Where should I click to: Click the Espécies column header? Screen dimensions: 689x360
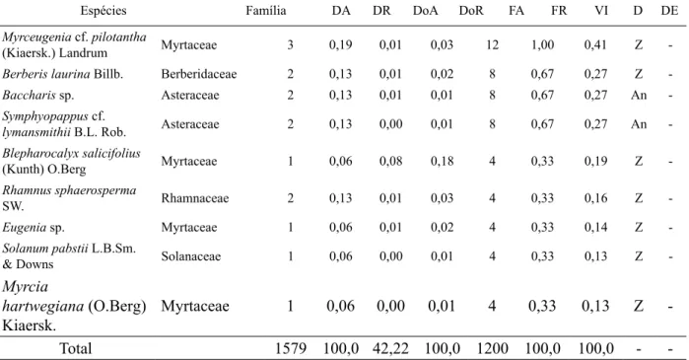click(103, 11)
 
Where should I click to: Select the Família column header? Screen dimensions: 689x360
click(266, 11)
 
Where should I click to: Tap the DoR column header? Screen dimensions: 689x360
click(471, 11)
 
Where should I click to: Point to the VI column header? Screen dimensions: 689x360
click(601, 11)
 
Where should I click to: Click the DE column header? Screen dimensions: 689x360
click(669, 11)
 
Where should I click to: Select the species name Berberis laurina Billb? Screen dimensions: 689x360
click(62, 74)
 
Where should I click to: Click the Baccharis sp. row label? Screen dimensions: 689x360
click(38, 95)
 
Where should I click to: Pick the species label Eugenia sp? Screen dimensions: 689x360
click(34, 227)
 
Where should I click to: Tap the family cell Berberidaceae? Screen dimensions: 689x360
click(198, 74)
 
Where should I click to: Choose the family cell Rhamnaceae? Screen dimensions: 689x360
click(194, 198)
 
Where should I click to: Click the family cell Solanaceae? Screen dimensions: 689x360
click(190, 256)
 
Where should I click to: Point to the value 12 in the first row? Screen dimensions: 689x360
click(492, 44)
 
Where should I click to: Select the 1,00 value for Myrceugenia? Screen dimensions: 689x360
click(543, 44)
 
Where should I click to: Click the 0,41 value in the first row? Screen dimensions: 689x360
click(595, 44)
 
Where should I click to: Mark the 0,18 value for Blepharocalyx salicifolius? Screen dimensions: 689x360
click(442, 161)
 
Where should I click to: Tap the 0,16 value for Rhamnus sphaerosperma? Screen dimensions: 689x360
click(595, 198)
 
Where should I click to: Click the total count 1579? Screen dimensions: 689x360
click(291, 348)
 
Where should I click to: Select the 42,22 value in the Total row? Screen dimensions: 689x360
click(390, 348)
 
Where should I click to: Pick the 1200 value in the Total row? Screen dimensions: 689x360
click(492, 348)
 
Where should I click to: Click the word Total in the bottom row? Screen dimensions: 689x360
click(76, 348)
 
